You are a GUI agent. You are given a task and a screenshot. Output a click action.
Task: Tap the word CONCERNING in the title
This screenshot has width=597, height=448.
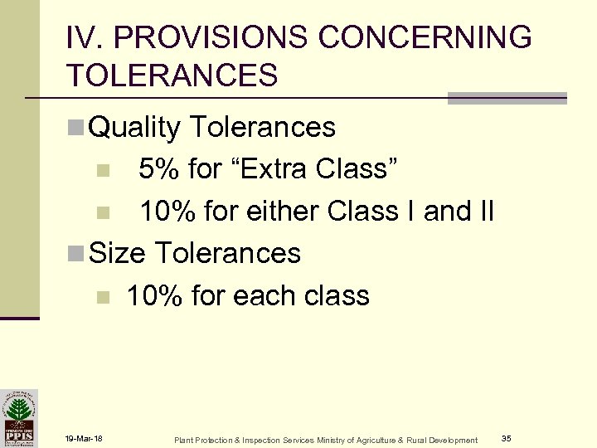click(425, 37)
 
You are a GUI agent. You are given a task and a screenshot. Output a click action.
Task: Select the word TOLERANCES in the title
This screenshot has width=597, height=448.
click(173, 75)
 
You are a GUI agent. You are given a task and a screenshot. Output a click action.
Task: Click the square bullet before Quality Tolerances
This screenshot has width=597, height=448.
click(74, 128)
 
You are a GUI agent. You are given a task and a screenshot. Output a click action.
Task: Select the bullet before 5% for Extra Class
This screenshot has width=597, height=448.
click(102, 171)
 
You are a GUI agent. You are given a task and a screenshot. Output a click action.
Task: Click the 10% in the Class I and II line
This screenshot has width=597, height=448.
click(167, 212)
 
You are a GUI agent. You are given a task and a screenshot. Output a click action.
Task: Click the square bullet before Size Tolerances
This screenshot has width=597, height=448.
click(74, 253)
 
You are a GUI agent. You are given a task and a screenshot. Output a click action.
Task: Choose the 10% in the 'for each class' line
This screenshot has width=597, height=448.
click(153, 295)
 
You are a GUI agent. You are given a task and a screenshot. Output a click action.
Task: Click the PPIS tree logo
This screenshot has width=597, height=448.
click(18, 418)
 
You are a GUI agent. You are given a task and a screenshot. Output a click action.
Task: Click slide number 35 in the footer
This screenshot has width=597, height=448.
click(506, 438)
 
